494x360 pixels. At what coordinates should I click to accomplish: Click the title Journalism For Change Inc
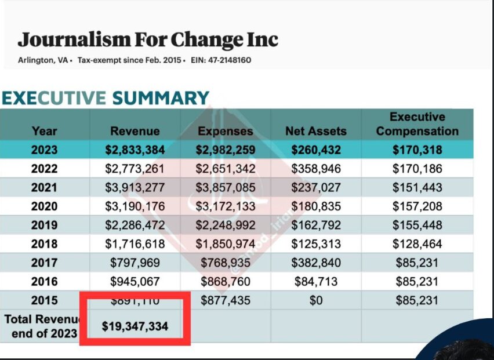pyautogui.click(x=148, y=39)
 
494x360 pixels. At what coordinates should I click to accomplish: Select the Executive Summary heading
pyautogui.click(x=105, y=98)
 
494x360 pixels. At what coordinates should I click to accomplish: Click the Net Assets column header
pyautogui.click(x=315, y=131)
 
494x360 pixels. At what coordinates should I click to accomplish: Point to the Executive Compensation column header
pyautogui.click(x=417, y=124)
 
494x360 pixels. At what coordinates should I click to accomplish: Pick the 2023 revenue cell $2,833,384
pyautogui.click(x=135, y=150)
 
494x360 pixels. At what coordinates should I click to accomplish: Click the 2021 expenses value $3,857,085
pyautogui.click(x=226, y=188)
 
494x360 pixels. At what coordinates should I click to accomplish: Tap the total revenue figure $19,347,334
pyautogui.click(x=135, y=326)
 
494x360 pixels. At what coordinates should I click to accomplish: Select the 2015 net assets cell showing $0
pyautogui.click(x=315, y=301)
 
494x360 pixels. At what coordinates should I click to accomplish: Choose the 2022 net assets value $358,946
pyautogui.click(x=315, y=169)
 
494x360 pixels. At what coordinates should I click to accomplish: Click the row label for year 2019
pyautogui.click(x=45, y=226)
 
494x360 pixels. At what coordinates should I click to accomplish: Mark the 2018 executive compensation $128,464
pyautogui.click(x=417, y=244)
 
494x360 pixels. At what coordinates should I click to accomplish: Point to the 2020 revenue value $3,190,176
pyautogui.click(x=135, y=206)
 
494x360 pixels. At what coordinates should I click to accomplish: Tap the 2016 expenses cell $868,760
pyautogui.click(x=226, y=282)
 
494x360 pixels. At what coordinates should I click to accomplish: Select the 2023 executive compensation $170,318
pyautogui.click(x=417, y=150)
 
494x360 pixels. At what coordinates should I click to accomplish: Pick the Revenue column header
pyautogui.click(x=135, y=131)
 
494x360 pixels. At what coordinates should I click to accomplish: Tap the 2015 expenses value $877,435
pyautogui.click(x=226, y=301)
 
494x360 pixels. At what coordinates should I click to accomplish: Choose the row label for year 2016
pyautogui.click(x=45, y=282)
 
